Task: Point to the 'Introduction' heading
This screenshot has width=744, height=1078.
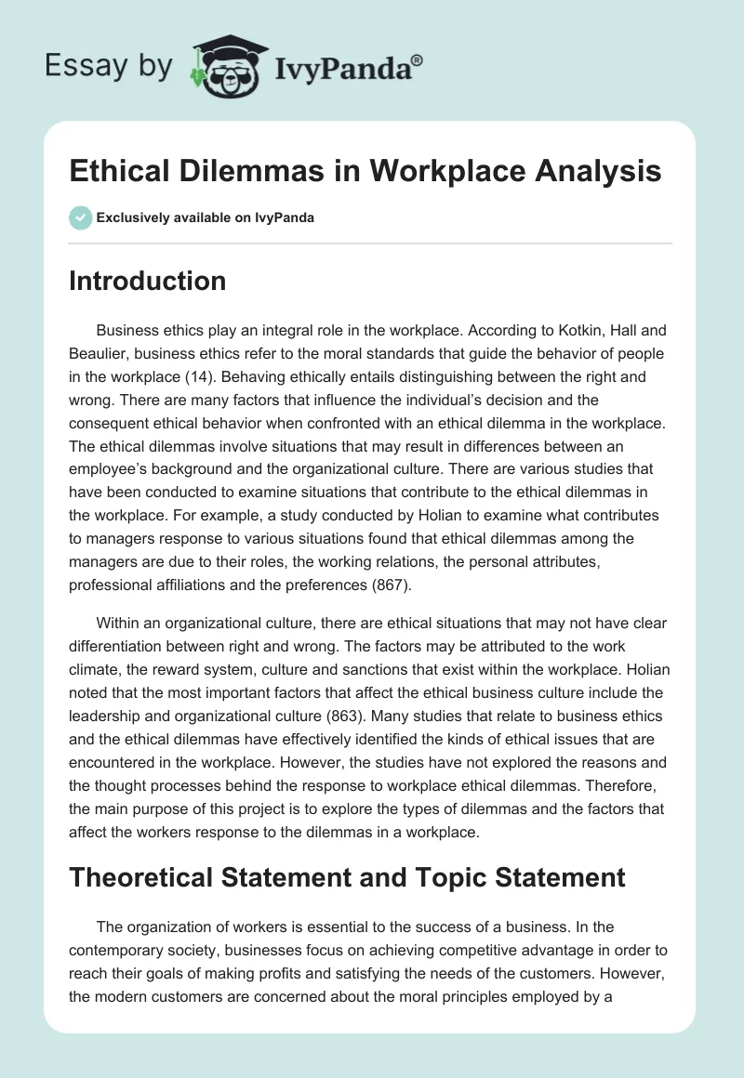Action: (x=147, y=281)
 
